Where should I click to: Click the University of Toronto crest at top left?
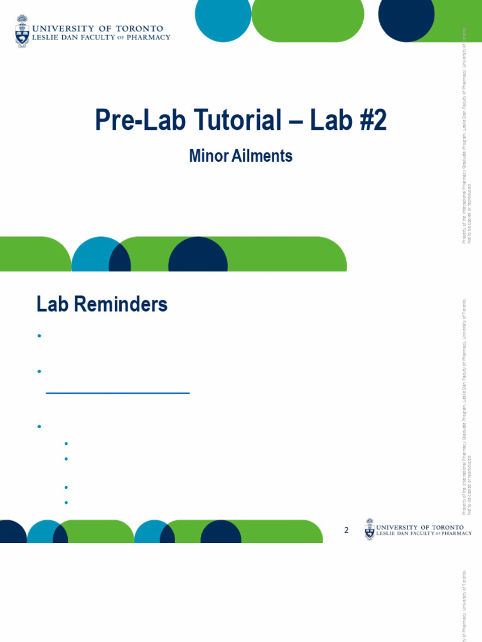coord(22,31)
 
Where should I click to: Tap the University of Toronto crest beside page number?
coord(370,529)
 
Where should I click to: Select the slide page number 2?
coord(346,530)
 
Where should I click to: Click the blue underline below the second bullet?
coord(118,393)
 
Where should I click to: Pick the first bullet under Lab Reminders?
coord(39,336)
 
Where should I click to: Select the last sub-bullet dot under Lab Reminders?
coord(66,502)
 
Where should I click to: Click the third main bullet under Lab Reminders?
coord(39,426)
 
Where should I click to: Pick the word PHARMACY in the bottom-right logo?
coord(453,534)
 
